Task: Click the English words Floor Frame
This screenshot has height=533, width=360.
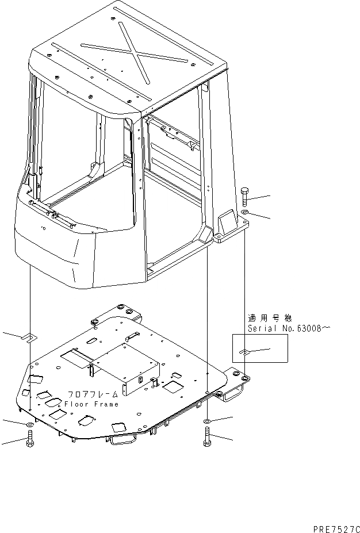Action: coord(91,404)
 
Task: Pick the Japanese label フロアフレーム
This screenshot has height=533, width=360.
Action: coord(93,394)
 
